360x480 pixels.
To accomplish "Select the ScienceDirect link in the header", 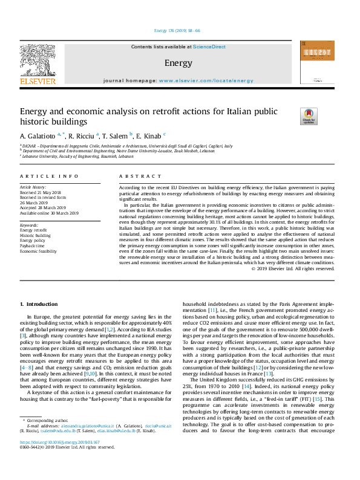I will [x=209, y=47].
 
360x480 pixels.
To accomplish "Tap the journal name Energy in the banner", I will [x=178, y=63].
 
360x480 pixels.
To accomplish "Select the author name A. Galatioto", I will [x=38, y=135].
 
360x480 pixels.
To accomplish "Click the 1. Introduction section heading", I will [x=39, y=304].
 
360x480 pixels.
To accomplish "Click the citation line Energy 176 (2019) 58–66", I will [x=177, y=30].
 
